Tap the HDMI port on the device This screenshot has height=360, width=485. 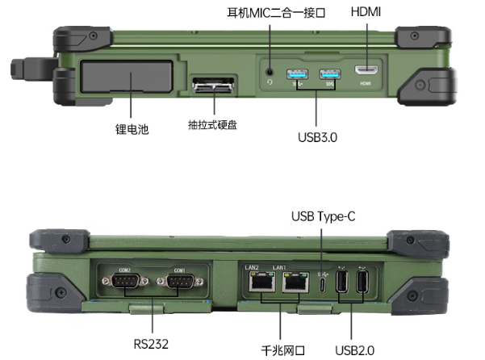[366, 72]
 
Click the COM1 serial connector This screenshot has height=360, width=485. [178, 282]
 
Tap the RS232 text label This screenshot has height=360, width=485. [152, 344]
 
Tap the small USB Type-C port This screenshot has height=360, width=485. [323, 283]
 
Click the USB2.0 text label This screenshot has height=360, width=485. [354, 350]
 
